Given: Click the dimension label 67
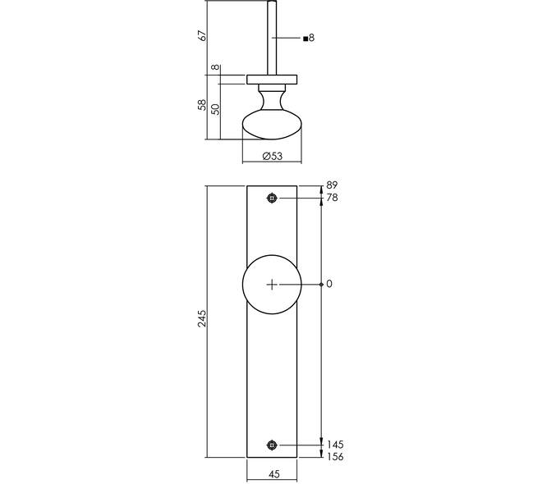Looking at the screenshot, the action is pyautogui.click(x=202, y=36).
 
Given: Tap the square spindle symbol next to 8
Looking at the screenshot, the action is pyautogui.click(x=305, y=39).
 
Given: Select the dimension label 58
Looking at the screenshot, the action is pyautogui.click(x=202, y=105).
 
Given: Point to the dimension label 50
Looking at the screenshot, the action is pyautogui.click(x=215, y=109).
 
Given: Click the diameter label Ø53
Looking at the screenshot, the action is pyautogui.click(x=273, y=156).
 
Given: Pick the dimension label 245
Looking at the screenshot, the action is pyautogui.click(x=202, y=318).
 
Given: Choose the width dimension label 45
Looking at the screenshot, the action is pyautogui.click(x=273, y=474).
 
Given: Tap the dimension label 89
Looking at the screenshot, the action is pyautogui.click(x=332, y=185).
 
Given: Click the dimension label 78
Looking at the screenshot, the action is pyautogui.click(x=333, y=198).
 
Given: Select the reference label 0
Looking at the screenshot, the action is pyautogui.click(x=329, y=284).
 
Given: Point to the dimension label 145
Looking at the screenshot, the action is pyautogui.click(x=335, y=445).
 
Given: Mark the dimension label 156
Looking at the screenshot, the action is pyautogui.click(x=335, y=457).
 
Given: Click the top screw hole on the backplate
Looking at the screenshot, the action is pyautogui.click(x=273, y=199).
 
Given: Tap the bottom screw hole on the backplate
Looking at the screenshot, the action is pyautogui.click(x=273, y=445).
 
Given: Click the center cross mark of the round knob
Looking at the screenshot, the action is pyautogui.click(x=273, y=285).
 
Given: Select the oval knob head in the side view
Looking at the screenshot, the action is pyautogui.click(x=272, y=125).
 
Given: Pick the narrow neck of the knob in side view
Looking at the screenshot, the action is pyautogui.click(x=273, y=100).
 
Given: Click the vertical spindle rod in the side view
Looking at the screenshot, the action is pyautogui.click(x=272, y=38).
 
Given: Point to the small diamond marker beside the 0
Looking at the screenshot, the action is pyautogui.click(x=321, y=285).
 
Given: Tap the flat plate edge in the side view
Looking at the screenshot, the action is pyautogui.click(x=272, y=80).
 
